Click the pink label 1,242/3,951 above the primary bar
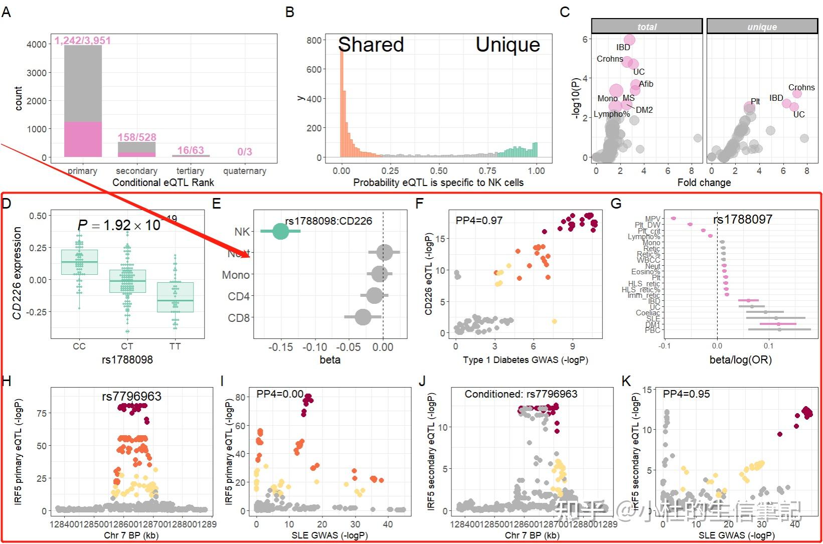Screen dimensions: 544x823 point(83,41)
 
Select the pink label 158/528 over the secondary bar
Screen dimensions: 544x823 point(137,137)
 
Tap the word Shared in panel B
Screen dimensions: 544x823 point(371,45)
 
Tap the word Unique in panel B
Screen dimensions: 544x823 point(508,45)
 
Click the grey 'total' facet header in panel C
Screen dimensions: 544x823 point(647,27)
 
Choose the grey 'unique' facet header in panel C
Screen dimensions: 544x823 point(762,27)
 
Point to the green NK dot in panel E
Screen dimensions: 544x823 point(280,231)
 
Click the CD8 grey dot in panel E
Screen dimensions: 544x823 point(363,317)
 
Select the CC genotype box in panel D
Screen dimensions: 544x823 point(79,262)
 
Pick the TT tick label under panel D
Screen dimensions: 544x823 point(175,346)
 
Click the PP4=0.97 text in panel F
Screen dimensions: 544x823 point(478,220)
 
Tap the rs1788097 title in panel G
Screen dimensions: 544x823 point(742,219)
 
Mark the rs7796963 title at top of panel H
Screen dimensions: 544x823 point(131,396)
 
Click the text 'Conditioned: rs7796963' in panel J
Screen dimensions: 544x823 point(521,394)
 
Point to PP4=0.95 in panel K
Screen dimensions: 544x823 point(686,394)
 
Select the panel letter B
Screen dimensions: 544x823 point(290,12)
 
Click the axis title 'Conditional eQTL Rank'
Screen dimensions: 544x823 point(163,183)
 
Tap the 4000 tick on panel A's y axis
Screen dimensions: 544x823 point(37,45)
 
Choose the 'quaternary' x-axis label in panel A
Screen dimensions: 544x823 point(245,171)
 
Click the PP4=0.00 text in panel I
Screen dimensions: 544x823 point(280,394)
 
